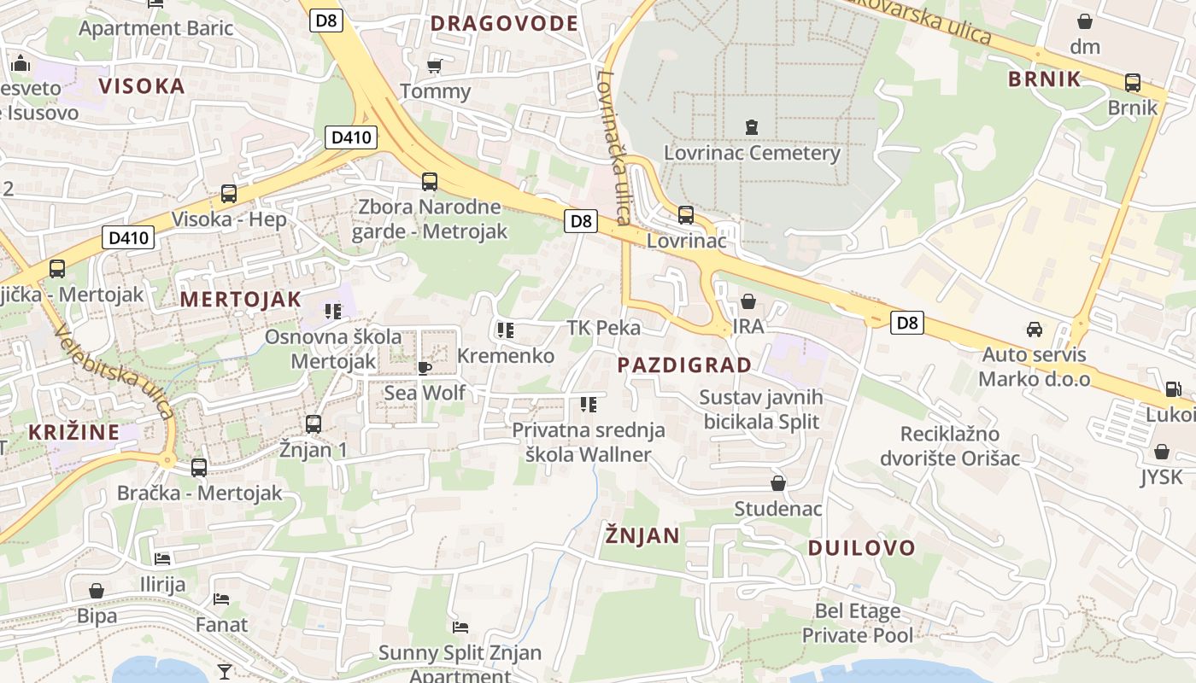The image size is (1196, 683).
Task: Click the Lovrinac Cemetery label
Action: click(x=752, y=154)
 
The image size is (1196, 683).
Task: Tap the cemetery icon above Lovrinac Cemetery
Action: click(x=751, y=127)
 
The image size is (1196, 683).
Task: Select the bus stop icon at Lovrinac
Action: click(x=685, y=215)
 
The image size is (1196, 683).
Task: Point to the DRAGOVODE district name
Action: click(x=504, y=23)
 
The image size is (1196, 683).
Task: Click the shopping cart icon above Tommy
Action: click(x=434, y=66)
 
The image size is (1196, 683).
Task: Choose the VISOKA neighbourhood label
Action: click(x=142, y=85)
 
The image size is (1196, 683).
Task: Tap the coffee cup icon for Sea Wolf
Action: click(x=424, y=368)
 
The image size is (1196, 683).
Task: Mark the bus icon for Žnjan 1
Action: click(x=313, y=423)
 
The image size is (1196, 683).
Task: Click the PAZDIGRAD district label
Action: click(x=684, y=365)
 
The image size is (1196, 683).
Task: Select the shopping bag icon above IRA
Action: click(x=748, y=301)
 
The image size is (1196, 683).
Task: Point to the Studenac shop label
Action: click(x=778, y=509)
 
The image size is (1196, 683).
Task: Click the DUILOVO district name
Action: click(x=861, y=548)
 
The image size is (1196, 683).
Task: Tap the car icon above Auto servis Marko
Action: click(x=1034, y=330)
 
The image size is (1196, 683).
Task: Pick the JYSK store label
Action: click(x=1161, y=476)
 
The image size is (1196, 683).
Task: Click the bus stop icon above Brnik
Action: click(x=1133, y=83)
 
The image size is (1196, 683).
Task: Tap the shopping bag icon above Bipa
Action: click(x=97, y=591)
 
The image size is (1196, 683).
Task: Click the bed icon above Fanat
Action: click(x=221, y=599)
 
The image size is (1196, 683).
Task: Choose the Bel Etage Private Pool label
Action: click(x=857, y=622)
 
